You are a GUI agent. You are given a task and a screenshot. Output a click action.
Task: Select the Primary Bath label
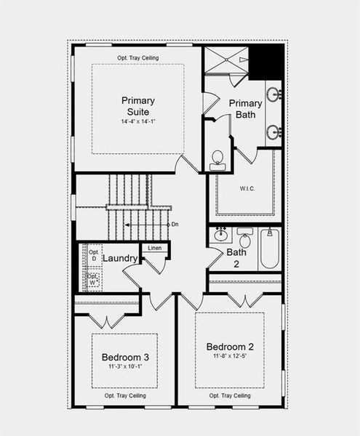[245, 108]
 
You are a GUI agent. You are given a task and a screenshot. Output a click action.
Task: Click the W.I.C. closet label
[245, 189]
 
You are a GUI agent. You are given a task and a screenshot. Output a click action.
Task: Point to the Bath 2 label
[236, 258]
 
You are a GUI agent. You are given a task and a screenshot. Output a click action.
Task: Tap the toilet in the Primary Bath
[217, 161]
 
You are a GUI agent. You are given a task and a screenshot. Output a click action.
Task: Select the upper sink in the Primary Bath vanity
[274, 94]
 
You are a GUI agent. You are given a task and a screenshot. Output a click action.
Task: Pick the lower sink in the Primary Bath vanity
[274, 132]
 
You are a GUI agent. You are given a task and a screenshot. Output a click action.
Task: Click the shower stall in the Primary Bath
[226, 60]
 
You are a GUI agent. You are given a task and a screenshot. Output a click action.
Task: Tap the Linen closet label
[155, 249]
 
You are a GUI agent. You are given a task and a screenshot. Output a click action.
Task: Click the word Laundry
[120, 258]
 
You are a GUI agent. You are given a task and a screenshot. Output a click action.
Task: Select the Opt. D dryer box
[93, 255]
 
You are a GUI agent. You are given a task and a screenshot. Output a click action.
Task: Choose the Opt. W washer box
[93, 279]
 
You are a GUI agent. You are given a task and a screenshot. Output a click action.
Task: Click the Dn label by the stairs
[175, 225]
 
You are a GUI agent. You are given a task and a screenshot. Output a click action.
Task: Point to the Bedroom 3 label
[125, 358]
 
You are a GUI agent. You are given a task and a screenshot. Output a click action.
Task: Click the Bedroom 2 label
[229, 346]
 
